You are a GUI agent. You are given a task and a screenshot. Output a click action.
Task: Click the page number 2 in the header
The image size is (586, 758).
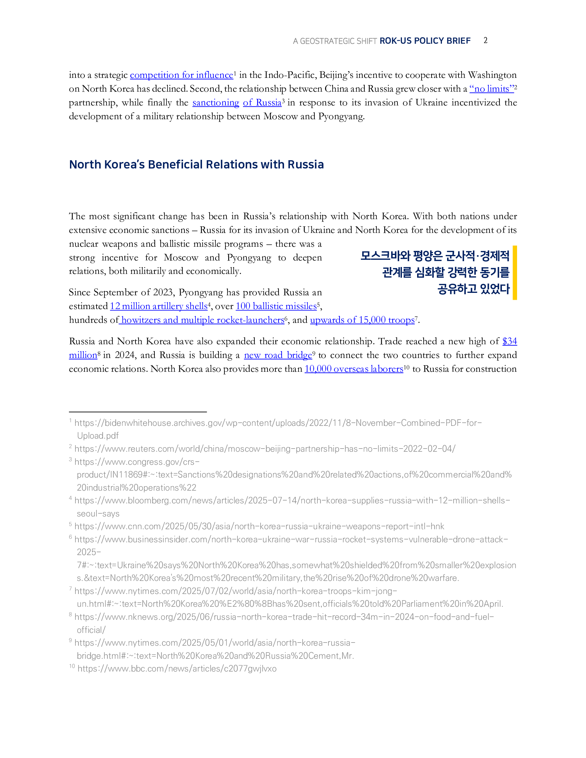485,41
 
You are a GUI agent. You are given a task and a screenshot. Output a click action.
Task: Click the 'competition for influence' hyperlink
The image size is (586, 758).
181,75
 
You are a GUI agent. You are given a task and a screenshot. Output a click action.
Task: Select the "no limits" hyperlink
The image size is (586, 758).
491,89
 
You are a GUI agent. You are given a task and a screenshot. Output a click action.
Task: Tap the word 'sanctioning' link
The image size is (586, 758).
215,103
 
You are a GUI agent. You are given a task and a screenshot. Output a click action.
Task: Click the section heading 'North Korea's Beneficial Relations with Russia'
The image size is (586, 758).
196,164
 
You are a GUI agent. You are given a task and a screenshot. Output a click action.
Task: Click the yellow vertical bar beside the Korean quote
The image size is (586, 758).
515,273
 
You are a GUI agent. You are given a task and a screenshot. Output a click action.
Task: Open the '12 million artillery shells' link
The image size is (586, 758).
159,306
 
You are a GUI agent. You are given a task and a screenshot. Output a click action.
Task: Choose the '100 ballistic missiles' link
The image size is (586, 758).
276,306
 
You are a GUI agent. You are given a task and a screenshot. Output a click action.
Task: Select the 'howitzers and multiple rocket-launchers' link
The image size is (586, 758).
202,320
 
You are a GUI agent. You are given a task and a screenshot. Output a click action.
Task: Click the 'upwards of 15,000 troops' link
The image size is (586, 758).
362,320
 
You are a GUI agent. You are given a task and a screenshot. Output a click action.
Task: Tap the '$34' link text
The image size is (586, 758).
509,341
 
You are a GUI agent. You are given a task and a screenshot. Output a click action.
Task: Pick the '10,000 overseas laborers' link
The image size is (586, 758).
354,369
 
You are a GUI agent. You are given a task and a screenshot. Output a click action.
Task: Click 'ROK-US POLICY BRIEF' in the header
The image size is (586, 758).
425,41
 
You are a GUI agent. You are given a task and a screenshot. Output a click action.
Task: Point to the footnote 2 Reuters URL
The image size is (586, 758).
264,449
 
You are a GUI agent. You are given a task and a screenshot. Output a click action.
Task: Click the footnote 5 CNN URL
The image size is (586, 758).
259,526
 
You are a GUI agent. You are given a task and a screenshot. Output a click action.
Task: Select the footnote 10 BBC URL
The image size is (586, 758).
177,668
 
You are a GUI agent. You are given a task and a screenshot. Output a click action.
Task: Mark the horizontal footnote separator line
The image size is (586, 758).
138,412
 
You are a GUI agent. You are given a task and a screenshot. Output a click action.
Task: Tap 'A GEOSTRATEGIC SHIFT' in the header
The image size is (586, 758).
335,41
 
